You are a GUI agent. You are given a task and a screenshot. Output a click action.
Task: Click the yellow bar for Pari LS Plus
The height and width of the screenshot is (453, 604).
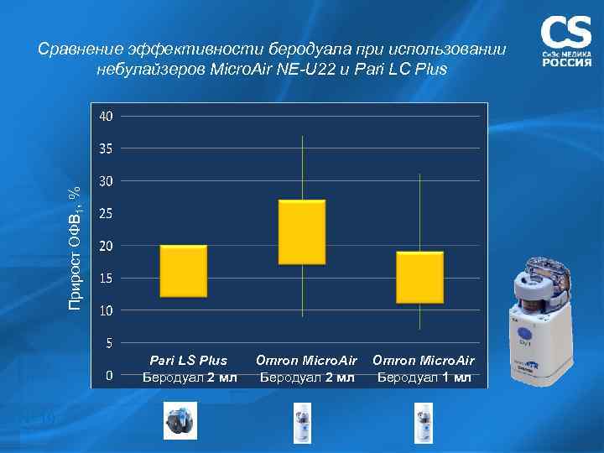(x=183, y=271)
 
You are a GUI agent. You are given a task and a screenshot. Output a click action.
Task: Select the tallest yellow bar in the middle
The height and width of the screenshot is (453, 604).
(x=301, y=232)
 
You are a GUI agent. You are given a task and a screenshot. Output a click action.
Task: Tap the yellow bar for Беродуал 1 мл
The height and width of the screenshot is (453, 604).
(x=419, y=277)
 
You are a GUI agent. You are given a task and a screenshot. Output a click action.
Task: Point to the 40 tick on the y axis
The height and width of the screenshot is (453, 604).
(x=106, y=116)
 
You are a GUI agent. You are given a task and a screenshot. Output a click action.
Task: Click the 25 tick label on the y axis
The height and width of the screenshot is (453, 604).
(x=106, y=213)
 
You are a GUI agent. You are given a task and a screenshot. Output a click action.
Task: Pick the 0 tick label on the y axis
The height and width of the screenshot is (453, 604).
(x=108, y=376)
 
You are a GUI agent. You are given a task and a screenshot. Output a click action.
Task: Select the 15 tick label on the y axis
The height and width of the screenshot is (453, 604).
(x=106, y=278)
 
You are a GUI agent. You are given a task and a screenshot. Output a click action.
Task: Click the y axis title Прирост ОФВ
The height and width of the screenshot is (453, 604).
(x=75, y=248)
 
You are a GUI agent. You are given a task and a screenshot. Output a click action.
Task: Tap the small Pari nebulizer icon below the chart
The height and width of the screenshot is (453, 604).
(x=179, y=419)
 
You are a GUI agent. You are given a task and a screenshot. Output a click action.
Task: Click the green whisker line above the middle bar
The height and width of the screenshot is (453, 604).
(x=302, y=168)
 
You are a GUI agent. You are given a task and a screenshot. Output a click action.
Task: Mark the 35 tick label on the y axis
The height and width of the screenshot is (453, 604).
(x=106, y=148)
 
